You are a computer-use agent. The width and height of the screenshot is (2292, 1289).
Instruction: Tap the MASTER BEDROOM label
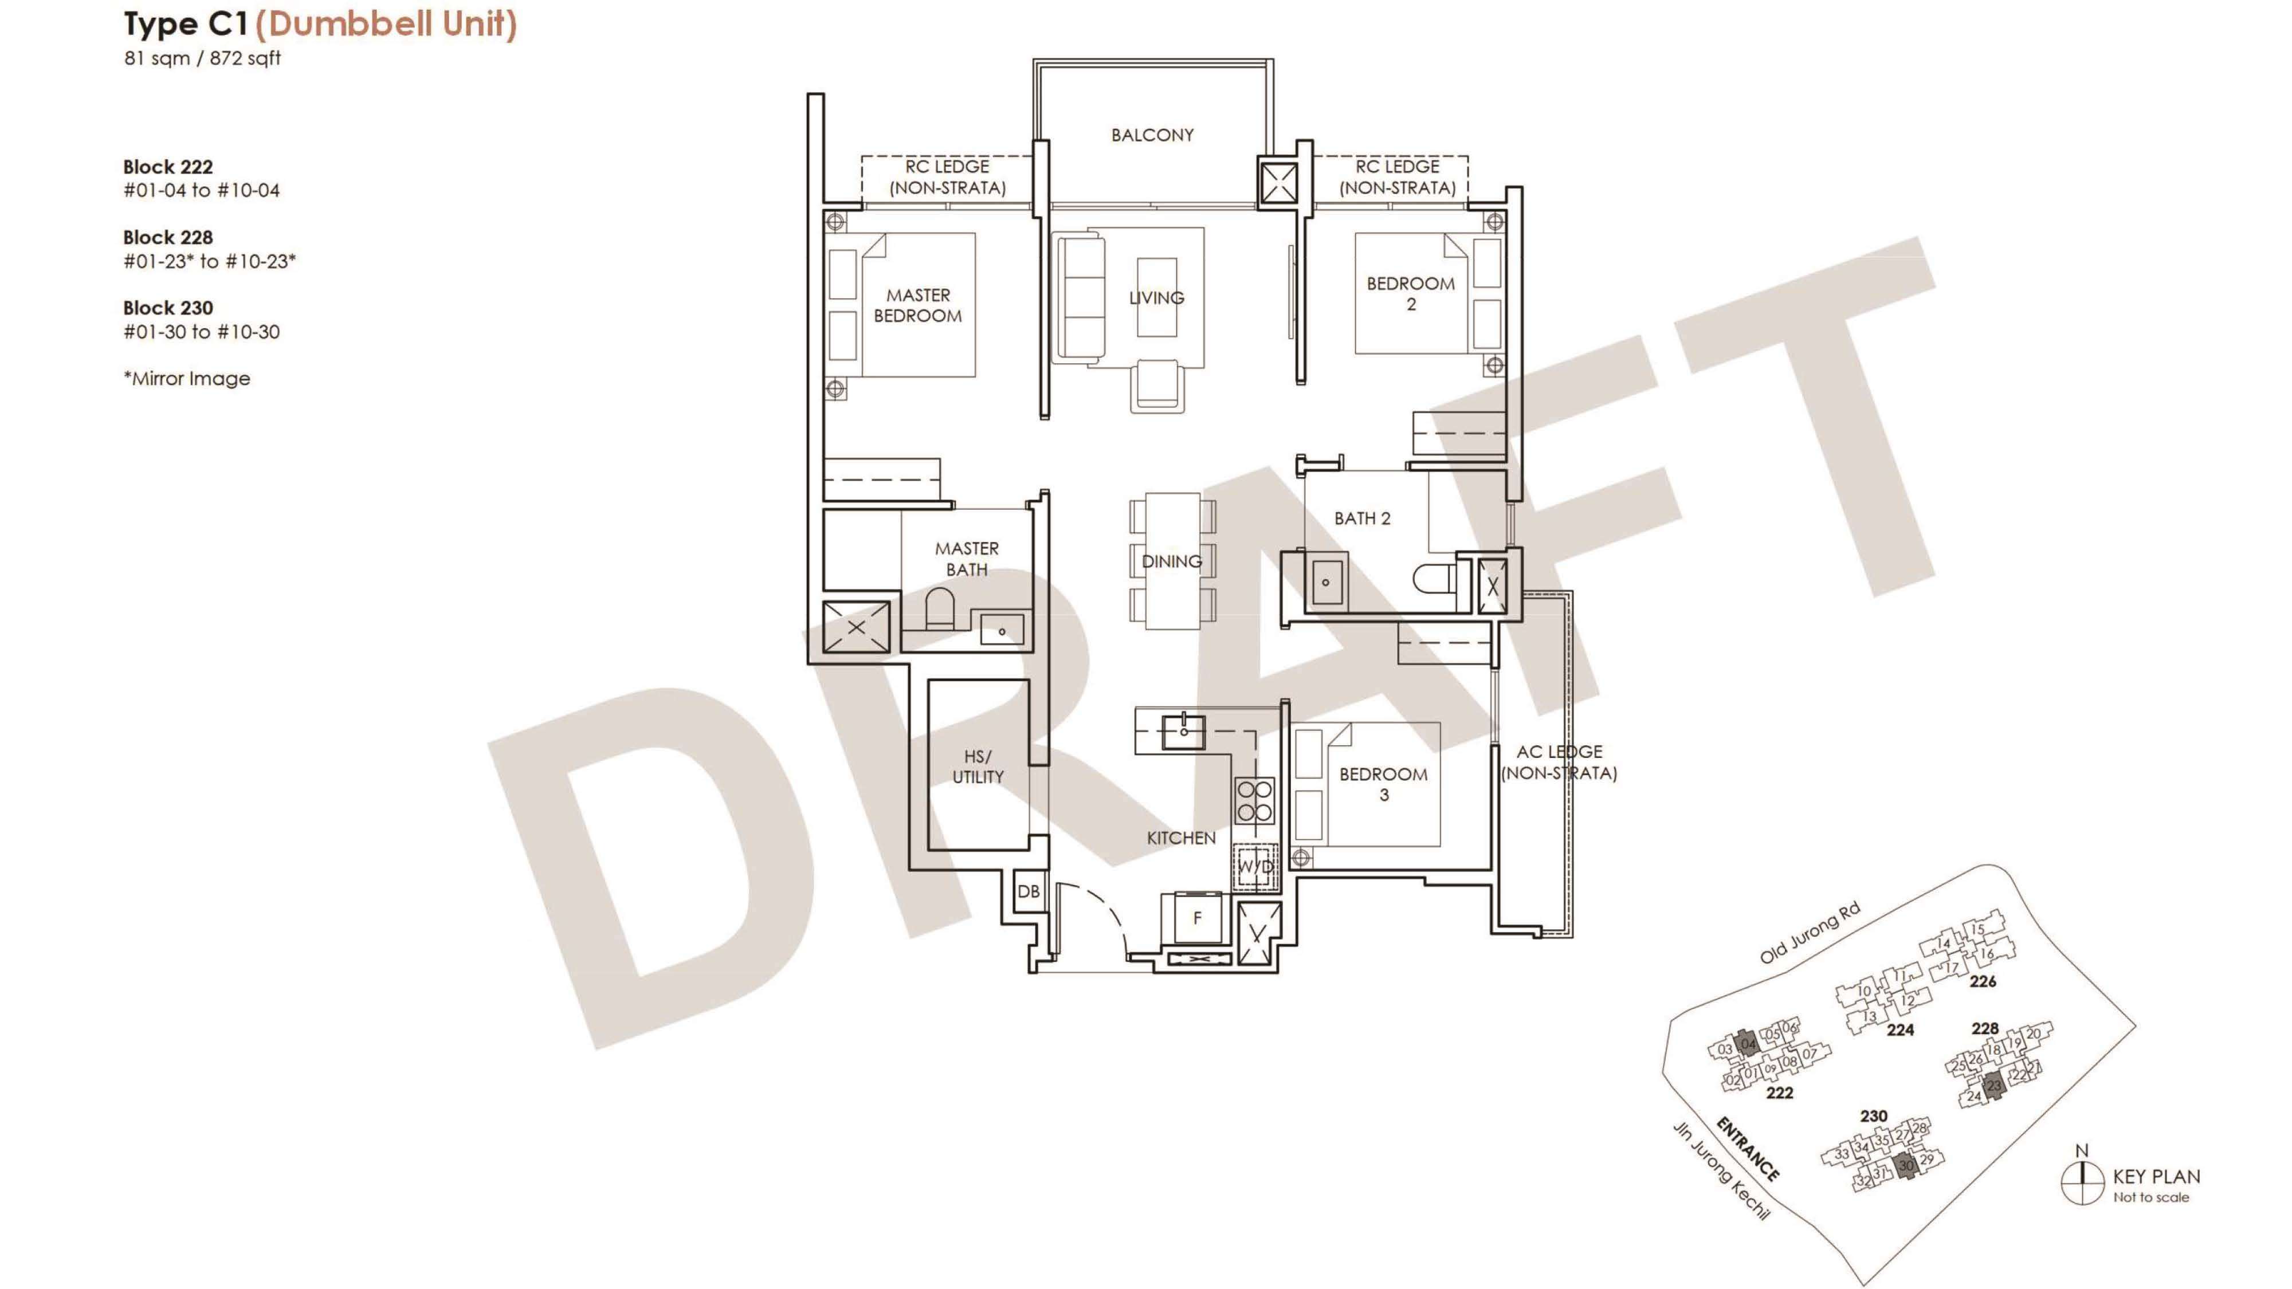[917, 305]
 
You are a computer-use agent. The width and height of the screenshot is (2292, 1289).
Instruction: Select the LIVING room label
[1157, 298]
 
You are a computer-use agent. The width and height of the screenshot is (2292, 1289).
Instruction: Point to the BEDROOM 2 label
[1410, 293]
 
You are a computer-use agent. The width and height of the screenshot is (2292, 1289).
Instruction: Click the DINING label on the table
[1172, 561]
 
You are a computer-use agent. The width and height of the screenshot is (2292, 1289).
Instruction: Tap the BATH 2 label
[1361, 518]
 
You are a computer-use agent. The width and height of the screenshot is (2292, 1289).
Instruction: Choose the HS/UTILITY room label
[978, 766]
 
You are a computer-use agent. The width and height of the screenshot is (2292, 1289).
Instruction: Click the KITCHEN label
[1181, 838]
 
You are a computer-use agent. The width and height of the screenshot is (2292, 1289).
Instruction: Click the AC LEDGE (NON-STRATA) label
[1559, 763]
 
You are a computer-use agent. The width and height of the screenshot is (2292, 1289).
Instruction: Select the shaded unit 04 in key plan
[1748, 1043]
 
